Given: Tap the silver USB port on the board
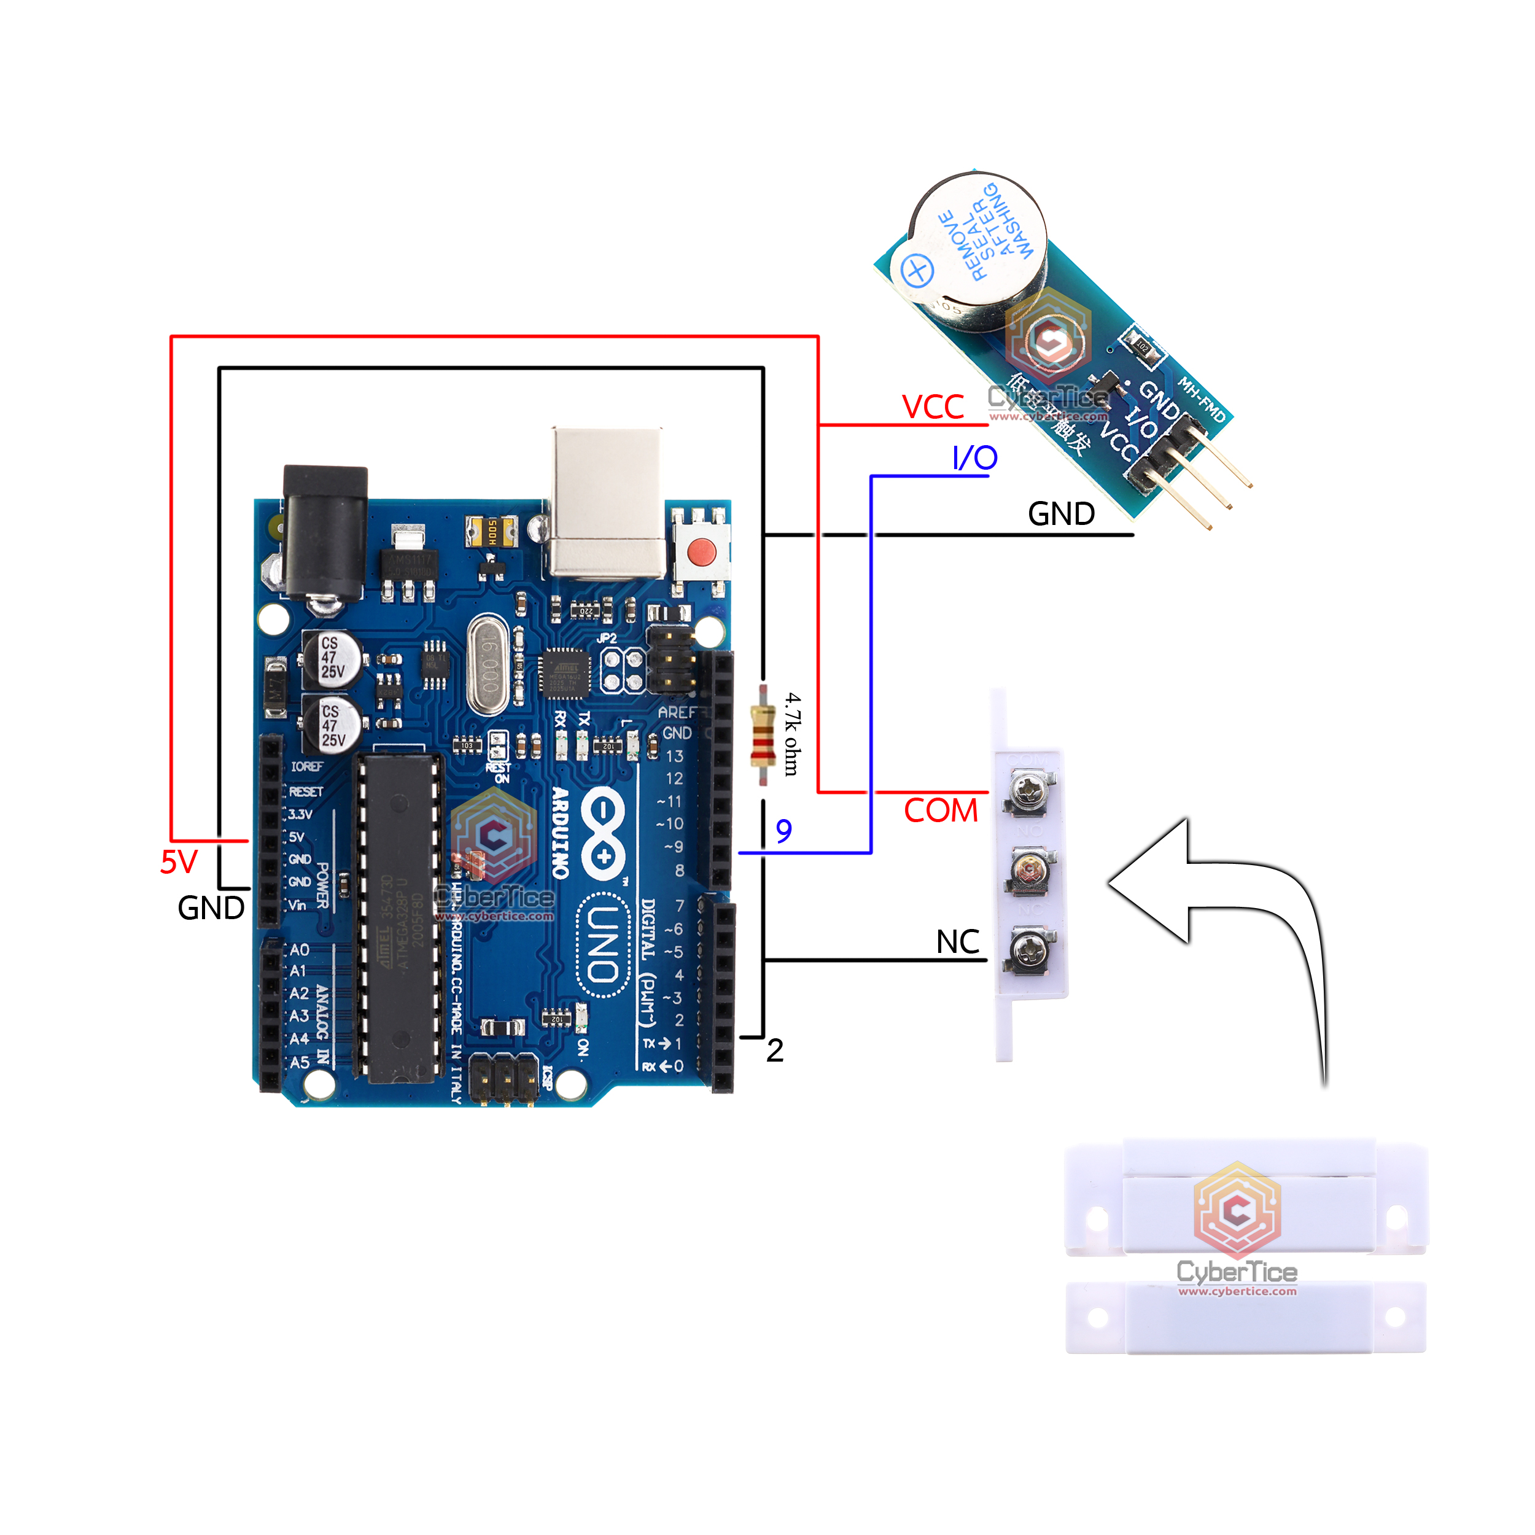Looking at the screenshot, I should pyautogui.click(x=608, y=500).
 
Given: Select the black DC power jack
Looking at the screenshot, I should pyautogui.click(x=326, y=532).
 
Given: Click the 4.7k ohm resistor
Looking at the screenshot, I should pyautogui.click(x=762, y=735).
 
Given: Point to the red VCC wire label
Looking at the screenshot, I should pyautogui.click(x=933, y=407).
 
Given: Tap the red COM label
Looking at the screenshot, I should pyautogui.click(x=941, y=811).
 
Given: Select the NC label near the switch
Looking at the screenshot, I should pyautogui.click(x=957, y=942).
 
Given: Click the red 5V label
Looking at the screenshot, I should pyautogui.click(x=179, y=862).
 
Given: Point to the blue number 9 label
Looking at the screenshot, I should pyautogui.click(x=783, y=831).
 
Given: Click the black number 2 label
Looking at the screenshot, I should pyautogui.click(x=775, y=1051).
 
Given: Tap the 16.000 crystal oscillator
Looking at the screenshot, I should pyautogui.click(x=488, y=666).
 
